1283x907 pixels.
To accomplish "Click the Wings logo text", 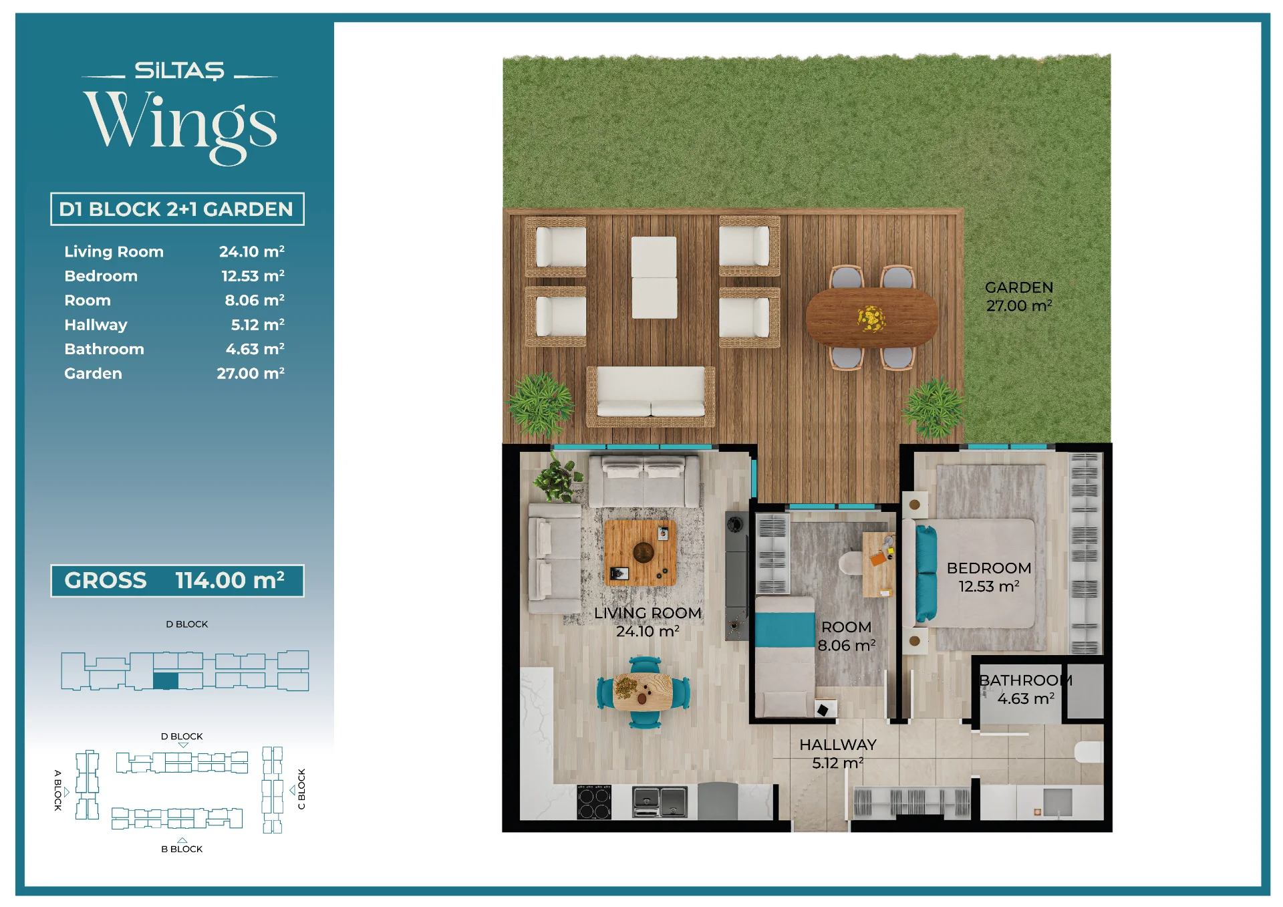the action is [180, 126].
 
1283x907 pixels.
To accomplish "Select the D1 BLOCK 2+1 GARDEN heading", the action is [176, 209].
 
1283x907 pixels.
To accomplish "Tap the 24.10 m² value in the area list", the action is [251, 252].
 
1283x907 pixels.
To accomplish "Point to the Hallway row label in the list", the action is [96, 325].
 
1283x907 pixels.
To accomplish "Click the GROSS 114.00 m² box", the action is [177, 580].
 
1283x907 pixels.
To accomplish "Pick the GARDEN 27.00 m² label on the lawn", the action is [1019, 297].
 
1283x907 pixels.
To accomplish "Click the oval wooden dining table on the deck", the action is [872, 317].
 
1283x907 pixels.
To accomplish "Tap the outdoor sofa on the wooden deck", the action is [651, 396].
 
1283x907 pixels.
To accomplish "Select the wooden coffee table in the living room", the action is [640, 553].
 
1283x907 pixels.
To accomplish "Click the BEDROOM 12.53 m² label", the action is [989, 577].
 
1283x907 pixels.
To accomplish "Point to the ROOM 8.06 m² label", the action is [847, 636].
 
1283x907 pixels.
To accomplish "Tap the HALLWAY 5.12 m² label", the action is [838, 754].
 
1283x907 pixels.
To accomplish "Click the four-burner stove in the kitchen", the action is [594, 802].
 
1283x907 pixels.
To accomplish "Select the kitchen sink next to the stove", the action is [660, 802].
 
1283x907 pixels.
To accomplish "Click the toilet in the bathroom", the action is [1089, 752].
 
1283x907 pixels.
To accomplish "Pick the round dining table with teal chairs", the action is [643, 692].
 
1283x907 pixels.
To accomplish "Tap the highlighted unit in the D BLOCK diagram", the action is [166, 681].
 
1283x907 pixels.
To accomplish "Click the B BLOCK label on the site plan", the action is [182, 849].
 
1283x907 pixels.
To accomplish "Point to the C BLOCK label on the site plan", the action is [301, 789].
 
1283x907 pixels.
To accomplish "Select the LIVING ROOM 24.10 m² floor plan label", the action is [648, 622].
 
